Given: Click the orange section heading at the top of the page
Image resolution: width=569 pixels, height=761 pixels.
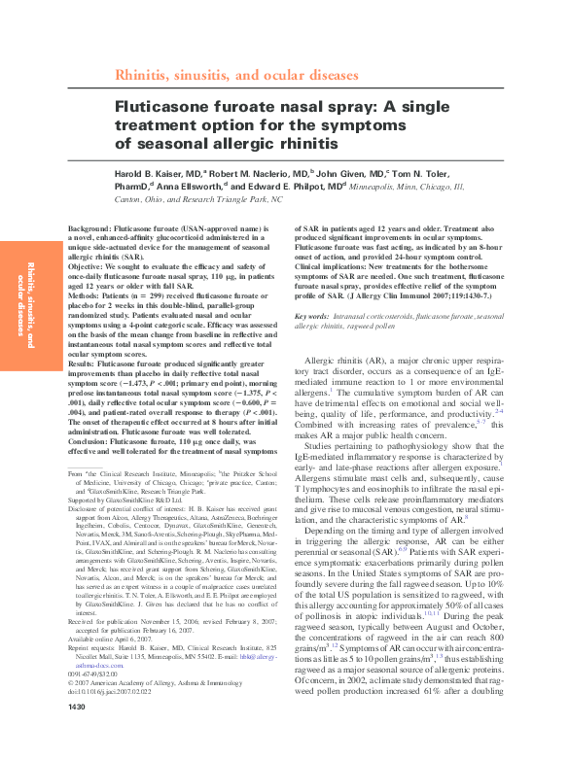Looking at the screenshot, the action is tap(236, 74).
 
